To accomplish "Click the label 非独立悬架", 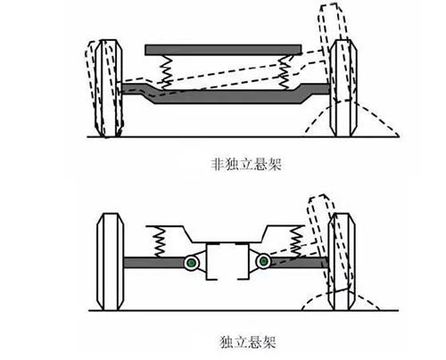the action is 246,164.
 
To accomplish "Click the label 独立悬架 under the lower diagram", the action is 248,341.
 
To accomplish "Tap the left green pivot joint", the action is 192,263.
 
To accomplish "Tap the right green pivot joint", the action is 263,261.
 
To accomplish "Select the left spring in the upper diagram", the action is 166,72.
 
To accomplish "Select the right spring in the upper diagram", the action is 285,72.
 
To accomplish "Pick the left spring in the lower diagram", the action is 159,241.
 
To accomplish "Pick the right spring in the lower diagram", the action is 297,241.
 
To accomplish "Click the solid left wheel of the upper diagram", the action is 110,88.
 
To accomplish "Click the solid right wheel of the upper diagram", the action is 343,88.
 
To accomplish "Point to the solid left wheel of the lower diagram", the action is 110,262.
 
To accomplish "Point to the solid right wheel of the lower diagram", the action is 342,262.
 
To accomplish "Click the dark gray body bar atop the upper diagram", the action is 223,50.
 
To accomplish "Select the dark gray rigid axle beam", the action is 226,94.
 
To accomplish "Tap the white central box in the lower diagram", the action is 227,261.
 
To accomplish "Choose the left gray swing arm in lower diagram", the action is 153,263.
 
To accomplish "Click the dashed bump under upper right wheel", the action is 351,119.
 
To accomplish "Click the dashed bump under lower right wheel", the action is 341,300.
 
